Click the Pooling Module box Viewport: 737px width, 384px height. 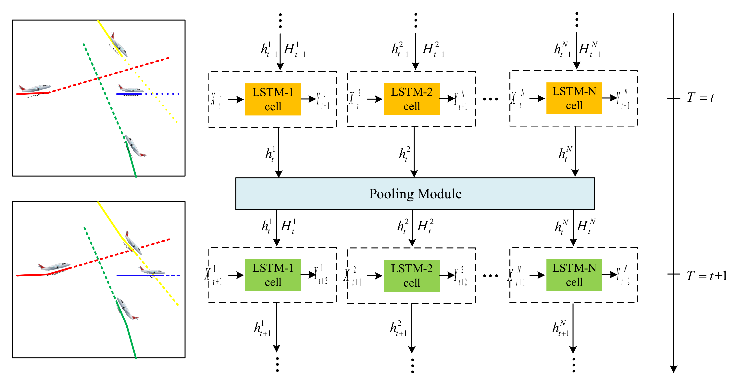tap(415, 194)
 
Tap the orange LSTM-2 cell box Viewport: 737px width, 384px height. tap(411, 99)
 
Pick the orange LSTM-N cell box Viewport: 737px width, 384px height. tap(574, 98)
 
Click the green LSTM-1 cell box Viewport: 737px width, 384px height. tap(273, 275)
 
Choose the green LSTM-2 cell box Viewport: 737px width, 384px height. tap(411, 275)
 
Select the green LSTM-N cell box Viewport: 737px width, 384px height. tap(574, 275)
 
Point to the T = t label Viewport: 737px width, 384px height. tap(700, 98)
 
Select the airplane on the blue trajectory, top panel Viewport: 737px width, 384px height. tap(130, 89)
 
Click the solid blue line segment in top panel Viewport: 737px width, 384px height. tap(129, 94)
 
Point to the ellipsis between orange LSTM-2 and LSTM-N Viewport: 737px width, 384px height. tap(490, 99)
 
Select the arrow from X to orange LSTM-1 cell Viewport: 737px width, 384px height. tap(236, 100)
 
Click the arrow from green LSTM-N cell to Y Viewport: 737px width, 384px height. tap(609, 275)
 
